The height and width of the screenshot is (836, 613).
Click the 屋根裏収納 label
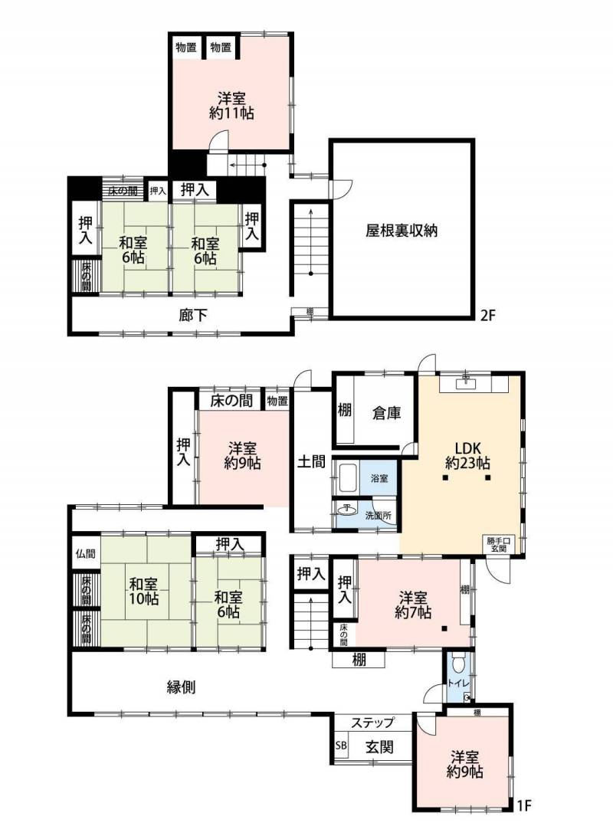402,231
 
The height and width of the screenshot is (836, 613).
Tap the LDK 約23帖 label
467,455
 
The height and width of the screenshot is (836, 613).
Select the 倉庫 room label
386,413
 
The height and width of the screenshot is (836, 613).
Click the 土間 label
311,461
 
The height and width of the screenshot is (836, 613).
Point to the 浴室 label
379,478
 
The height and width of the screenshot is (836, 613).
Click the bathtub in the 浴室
347,478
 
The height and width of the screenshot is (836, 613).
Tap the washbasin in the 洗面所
348,509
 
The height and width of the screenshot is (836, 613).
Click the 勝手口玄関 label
498,544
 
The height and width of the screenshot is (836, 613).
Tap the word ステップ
372,723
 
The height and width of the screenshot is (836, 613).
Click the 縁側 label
182,687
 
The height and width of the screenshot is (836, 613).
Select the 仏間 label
85,553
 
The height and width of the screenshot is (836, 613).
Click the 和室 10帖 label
144,591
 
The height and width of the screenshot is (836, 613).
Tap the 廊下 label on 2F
193,315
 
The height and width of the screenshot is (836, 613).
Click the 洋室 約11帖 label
231,106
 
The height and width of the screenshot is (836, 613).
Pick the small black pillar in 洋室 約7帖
444,628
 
